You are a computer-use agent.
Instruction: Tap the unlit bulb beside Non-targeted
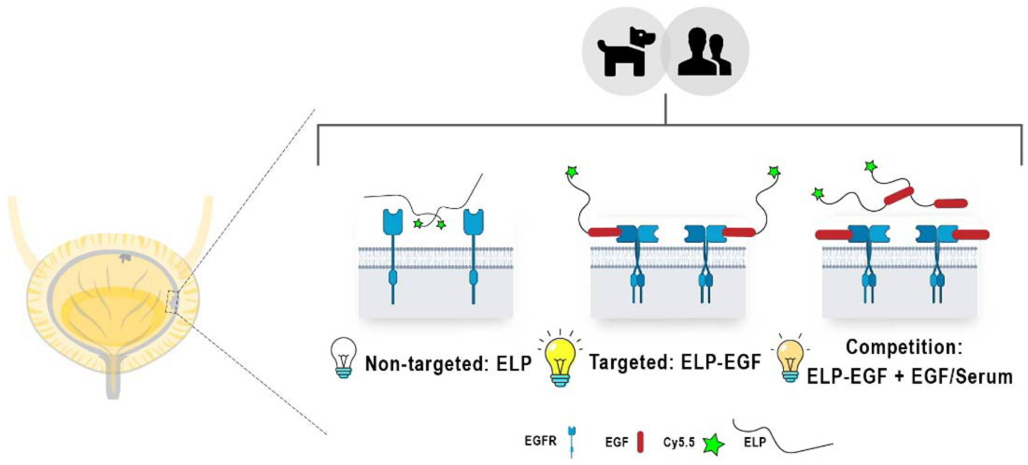coord(344,357)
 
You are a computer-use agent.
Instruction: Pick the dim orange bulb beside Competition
coord(791,361)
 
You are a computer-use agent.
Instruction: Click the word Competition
coord(904,347)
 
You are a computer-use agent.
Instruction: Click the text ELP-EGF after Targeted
coord(721,363)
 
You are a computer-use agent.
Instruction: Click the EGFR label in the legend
coord(540,441)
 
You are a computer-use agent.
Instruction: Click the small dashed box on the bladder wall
coord(172,301)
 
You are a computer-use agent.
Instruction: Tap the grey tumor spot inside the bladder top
coord(124,257)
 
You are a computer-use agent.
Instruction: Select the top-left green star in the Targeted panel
coord(572,172)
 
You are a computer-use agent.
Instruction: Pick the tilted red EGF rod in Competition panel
coord(898,196)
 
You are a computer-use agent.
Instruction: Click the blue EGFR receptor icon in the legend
coord(572,441)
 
